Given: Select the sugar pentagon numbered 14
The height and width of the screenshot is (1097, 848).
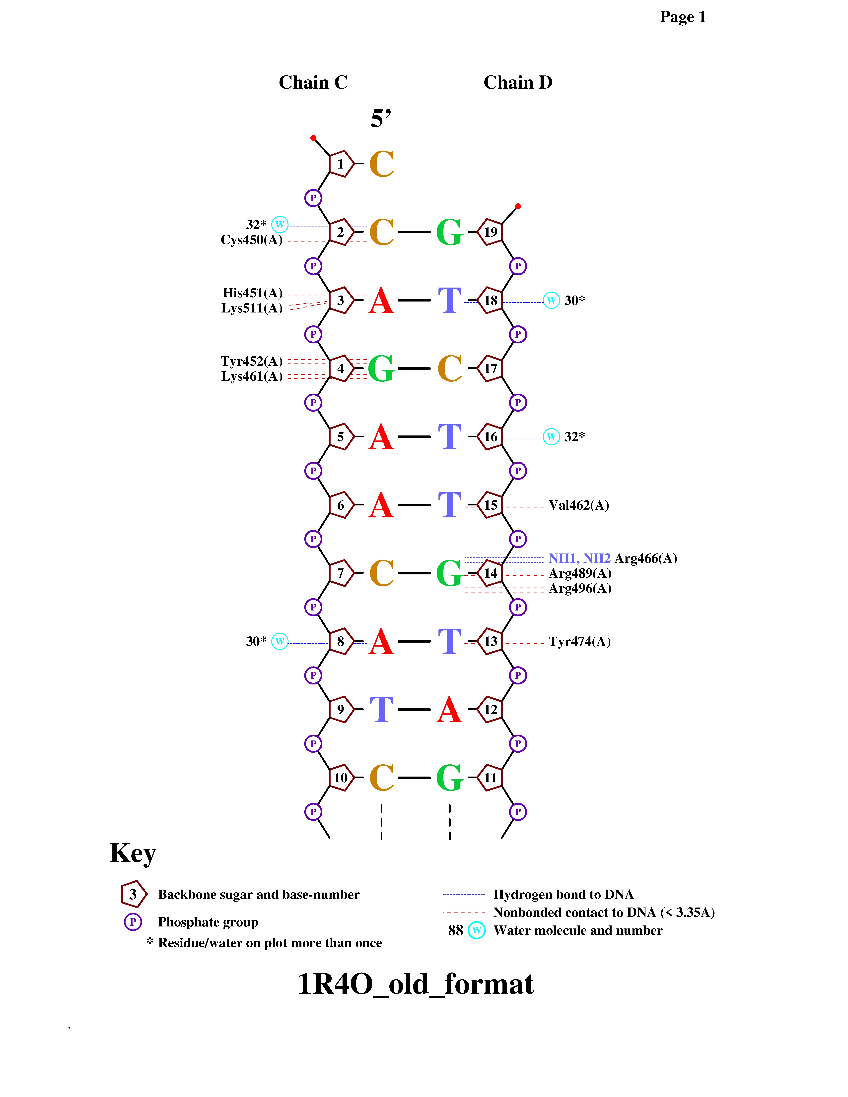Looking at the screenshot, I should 490,573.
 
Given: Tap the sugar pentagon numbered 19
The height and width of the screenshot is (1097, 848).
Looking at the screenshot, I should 490,232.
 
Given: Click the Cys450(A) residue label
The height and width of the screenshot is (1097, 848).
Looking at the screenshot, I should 252,240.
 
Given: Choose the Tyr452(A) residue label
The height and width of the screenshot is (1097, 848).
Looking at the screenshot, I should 252,361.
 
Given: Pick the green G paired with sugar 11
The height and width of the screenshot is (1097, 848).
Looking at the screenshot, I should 449,778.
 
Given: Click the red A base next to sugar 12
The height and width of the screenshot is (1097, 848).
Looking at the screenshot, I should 449,710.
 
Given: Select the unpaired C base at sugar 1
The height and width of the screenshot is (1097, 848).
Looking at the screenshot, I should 381,164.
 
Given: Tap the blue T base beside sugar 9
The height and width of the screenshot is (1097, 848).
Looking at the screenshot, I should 381,710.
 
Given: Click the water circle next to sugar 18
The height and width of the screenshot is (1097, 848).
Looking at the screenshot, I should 551,300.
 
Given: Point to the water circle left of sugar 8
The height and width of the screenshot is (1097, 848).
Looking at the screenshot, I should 280,641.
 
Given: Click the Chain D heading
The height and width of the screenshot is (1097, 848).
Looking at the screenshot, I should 518,82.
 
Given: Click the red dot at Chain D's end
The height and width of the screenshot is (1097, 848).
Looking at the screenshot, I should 518,206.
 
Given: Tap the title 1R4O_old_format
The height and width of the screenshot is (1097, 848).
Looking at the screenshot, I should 416,983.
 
